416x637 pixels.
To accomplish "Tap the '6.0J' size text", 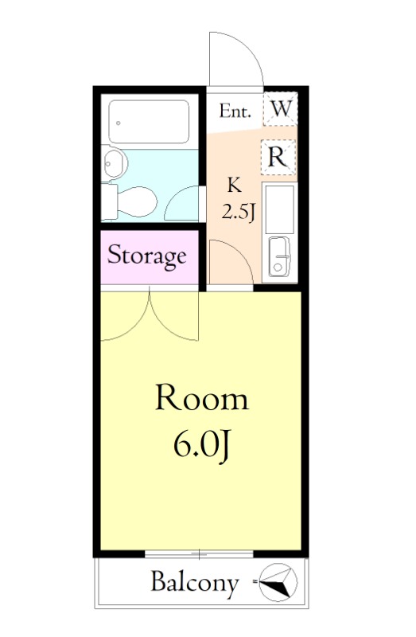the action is click(x=202, y=445).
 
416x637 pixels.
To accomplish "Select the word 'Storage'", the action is click(x=147, y=256).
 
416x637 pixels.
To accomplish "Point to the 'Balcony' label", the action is click(x=194, y=584).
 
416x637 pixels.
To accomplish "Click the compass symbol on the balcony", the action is click(x=278, y=583).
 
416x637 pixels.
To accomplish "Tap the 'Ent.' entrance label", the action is click(x=235, y=111).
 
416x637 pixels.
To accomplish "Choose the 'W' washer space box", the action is click(x=281, y=109).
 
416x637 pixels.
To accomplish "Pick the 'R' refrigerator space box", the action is click(x=278, y=157).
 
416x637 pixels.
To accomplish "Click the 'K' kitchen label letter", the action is click(x=235, y=186).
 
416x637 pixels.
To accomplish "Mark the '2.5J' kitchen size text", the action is click(x=239, y=211).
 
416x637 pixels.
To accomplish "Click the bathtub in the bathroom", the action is click(x=149, y=122).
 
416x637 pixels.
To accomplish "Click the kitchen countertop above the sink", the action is click(x=279, y=209).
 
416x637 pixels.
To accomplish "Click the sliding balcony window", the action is click(x=199, y=554).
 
